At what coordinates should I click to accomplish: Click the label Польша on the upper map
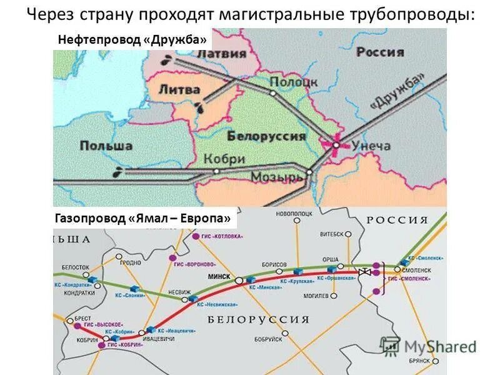point(106,146)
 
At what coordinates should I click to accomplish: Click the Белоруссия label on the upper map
point(266,135)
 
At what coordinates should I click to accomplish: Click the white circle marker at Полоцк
point(272,92)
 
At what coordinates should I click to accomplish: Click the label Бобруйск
point(269,339)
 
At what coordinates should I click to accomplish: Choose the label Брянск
point(418,361)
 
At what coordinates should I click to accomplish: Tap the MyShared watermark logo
point(430,346)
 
